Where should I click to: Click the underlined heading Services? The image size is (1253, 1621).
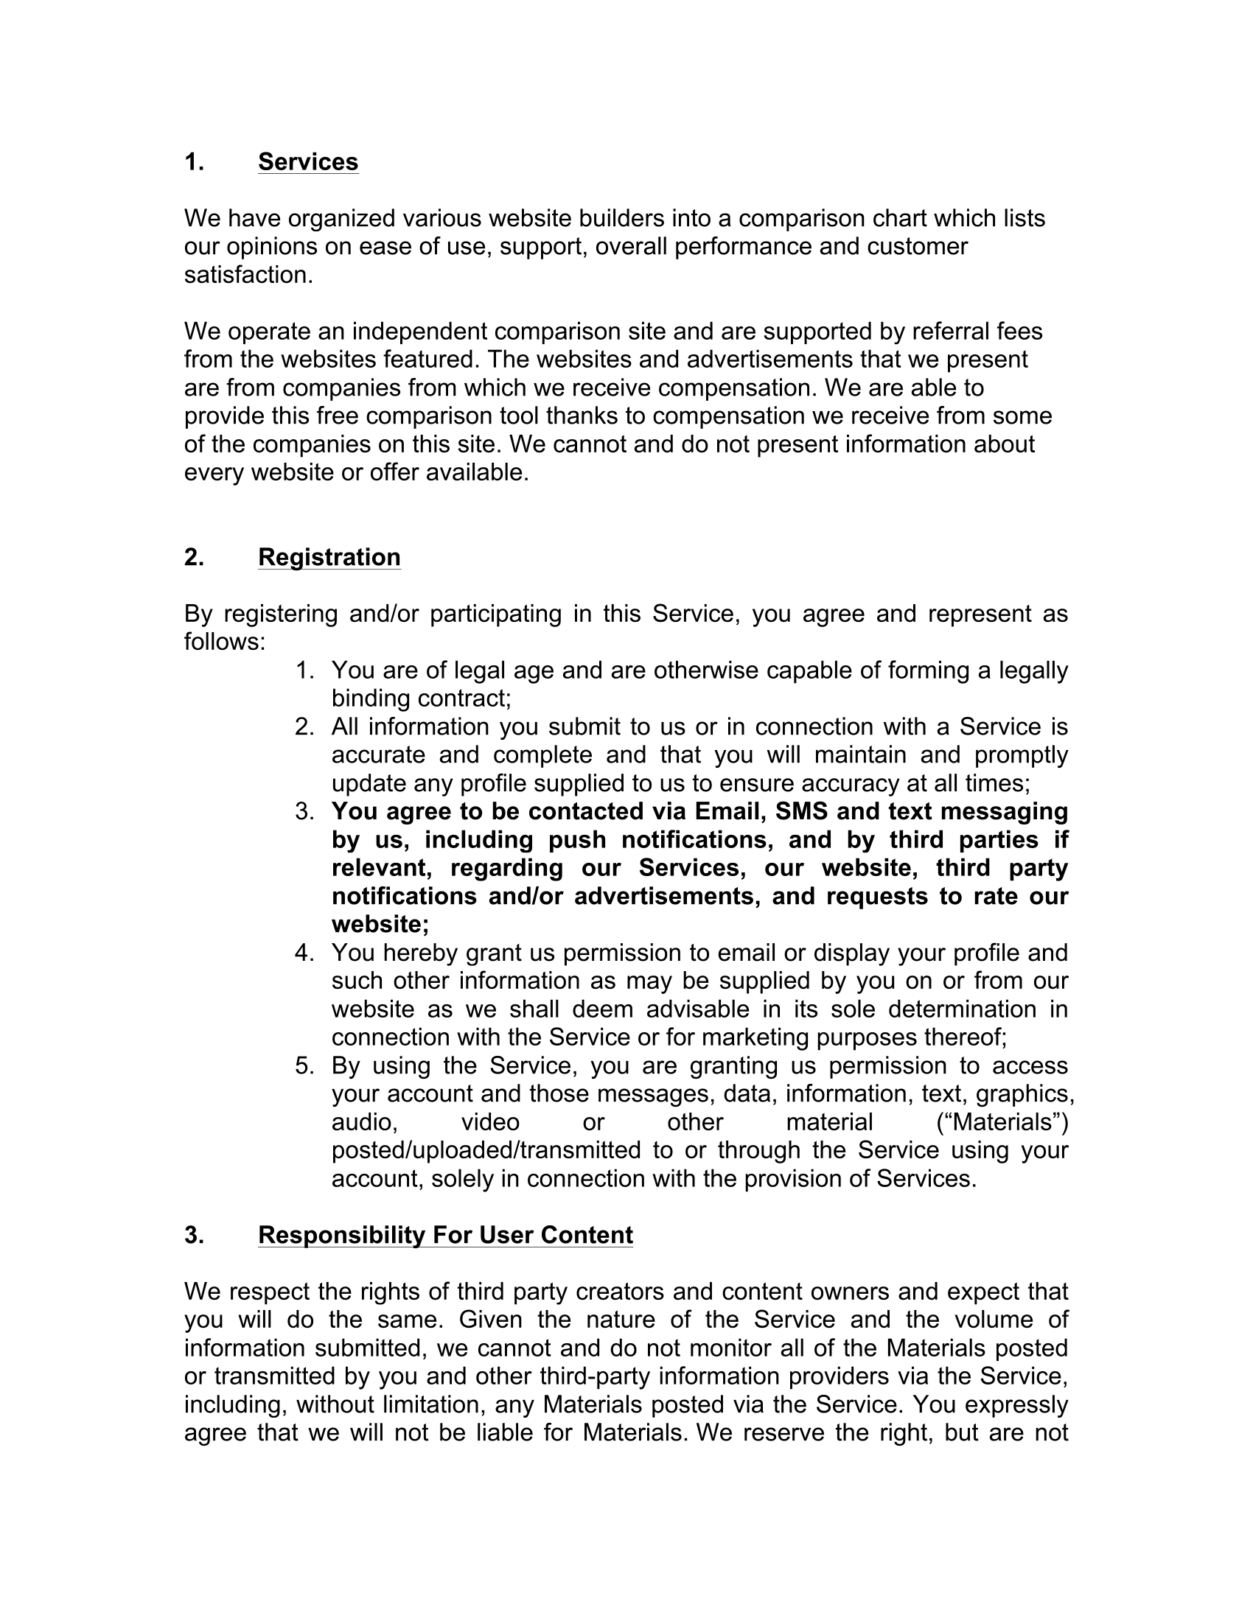(308, 162)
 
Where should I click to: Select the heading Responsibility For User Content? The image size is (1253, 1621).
(445, 1235)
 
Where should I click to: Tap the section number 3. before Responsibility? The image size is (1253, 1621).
(194, 1235)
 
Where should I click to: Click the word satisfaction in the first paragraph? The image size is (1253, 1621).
(245, 275)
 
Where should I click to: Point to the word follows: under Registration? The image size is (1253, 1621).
(224, 641)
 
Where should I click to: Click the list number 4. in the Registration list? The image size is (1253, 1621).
(304, 952)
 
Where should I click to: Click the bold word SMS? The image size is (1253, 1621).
(801, 811)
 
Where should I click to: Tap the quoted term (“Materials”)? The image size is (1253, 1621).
(1002, 1122)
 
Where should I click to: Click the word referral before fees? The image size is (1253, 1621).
(954, 331)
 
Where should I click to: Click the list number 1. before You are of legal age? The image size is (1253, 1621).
(304, 671)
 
